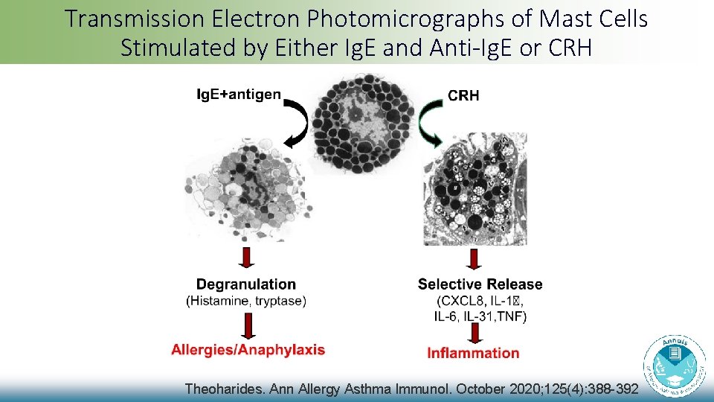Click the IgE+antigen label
pyautogui.click(x=239, y=95)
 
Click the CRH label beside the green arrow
pyautogui.click(x=463, y=95)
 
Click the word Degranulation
pyautogui.click(x=245, y=284)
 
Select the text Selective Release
pyautogui.click(x=480, y=284)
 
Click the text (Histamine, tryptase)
pyautogui.click(x=245, y=301)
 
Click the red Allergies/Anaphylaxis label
pyautogui.click(x=248, y=350)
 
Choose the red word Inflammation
pyautogui.click(x=473, y=353)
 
